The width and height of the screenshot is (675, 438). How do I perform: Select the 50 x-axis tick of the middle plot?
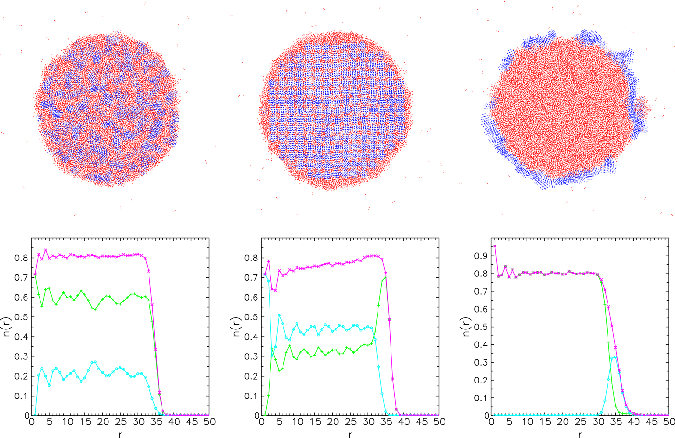439,422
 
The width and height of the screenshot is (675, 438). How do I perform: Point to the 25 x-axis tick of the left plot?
120,422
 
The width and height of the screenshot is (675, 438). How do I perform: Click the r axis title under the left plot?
120,434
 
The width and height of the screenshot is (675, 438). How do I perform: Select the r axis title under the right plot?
580,434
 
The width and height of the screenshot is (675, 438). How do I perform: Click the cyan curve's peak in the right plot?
615,357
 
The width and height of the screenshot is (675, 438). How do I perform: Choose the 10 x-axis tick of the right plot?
527,422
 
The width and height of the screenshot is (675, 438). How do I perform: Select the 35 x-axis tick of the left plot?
156,422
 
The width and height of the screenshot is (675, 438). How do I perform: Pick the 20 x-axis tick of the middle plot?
332,422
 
